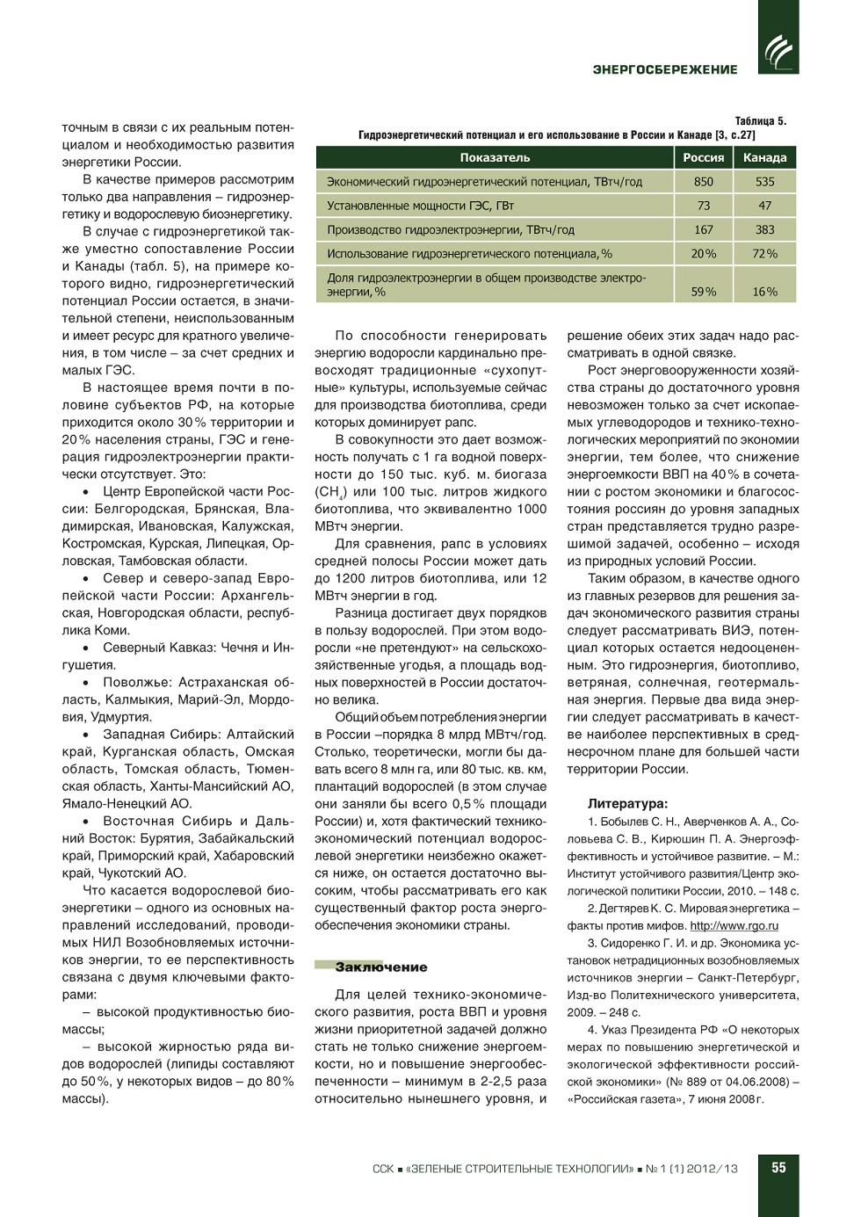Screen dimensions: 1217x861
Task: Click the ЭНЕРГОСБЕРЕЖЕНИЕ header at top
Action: (665, 69)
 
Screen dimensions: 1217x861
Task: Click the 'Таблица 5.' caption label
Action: (760, 121)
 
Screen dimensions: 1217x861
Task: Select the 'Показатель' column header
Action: (495, 157)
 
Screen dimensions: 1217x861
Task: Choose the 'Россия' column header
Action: (704, 157)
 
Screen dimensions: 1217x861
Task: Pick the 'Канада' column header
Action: (764, 157)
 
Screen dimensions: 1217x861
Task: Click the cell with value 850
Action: (704, 182)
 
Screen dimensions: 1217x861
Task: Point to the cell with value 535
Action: (764, 182)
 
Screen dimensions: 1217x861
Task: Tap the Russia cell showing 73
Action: (704, 206)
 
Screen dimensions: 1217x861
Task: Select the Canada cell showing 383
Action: (764, 229)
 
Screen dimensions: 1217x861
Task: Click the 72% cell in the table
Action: (764, 254)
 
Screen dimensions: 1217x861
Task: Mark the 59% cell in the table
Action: (704, 292)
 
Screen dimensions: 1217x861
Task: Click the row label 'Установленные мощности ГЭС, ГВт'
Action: (420, 206)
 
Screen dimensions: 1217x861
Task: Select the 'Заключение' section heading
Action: (380, 967)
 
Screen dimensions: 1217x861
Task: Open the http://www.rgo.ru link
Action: (734, 925)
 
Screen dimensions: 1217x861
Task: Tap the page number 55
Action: (778, 1168)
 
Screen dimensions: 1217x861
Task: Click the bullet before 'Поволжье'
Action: (86, 683)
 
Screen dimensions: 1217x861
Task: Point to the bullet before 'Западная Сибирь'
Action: (86, 735)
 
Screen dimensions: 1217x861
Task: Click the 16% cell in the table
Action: (764, 292)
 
